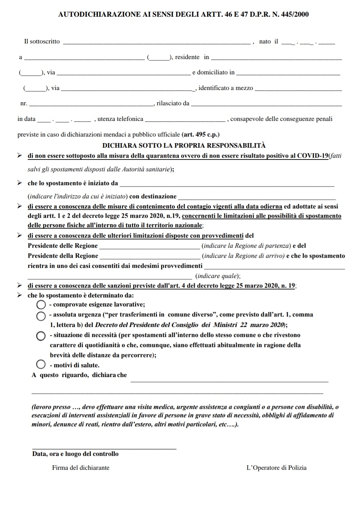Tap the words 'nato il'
click(269, 42)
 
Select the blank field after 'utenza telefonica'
click(185, 120)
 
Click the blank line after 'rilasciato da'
click(266, 104)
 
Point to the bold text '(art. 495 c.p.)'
click(201, 134)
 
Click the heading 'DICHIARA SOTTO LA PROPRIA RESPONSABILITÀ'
click(184, 145)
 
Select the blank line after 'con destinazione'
click(257, 198)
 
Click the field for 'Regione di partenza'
click(150, 247)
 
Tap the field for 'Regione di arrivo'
click(150, 257)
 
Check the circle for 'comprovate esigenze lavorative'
click(41, 305)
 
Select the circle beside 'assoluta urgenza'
click(41, 315)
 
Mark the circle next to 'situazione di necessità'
click(41, 336)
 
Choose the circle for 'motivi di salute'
click(41, 364)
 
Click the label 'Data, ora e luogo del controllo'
click(75, 454)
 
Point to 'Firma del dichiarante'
click(81, 468)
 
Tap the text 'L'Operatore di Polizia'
click(276, 468)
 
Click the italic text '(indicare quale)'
click(218, 277)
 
